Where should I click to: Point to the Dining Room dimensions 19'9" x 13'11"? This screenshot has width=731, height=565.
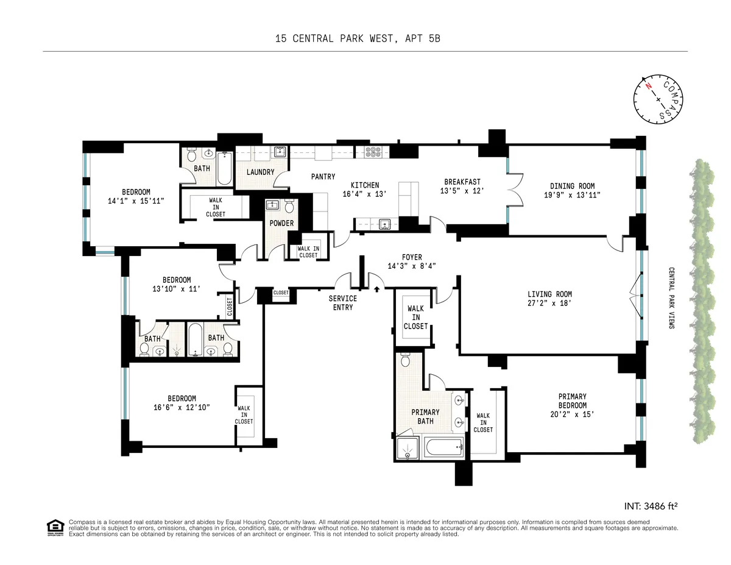click(563, 195)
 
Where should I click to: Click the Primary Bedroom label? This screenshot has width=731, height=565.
click(572, 401)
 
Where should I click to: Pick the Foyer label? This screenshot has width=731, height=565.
click(412, 257)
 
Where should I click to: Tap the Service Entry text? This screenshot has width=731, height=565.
click(343, 303)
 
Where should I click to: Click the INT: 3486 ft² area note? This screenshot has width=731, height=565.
click(651, 505)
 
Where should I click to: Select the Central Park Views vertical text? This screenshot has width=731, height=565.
click(671, 298)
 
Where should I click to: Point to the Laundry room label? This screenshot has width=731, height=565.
click(260, 172)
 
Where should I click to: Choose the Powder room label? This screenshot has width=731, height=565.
click(281, 223)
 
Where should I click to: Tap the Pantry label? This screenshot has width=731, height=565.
click(323, 177)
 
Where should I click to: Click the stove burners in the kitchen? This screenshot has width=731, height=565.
click(372, 152)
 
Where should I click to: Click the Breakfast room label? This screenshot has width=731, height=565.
click(462, 182)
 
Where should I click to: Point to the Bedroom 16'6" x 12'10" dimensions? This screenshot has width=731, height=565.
click(182, 407)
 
